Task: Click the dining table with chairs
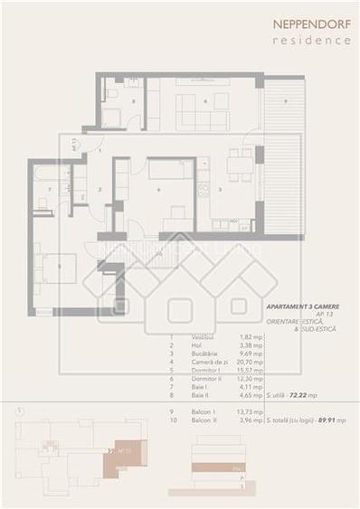coord(239,164)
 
